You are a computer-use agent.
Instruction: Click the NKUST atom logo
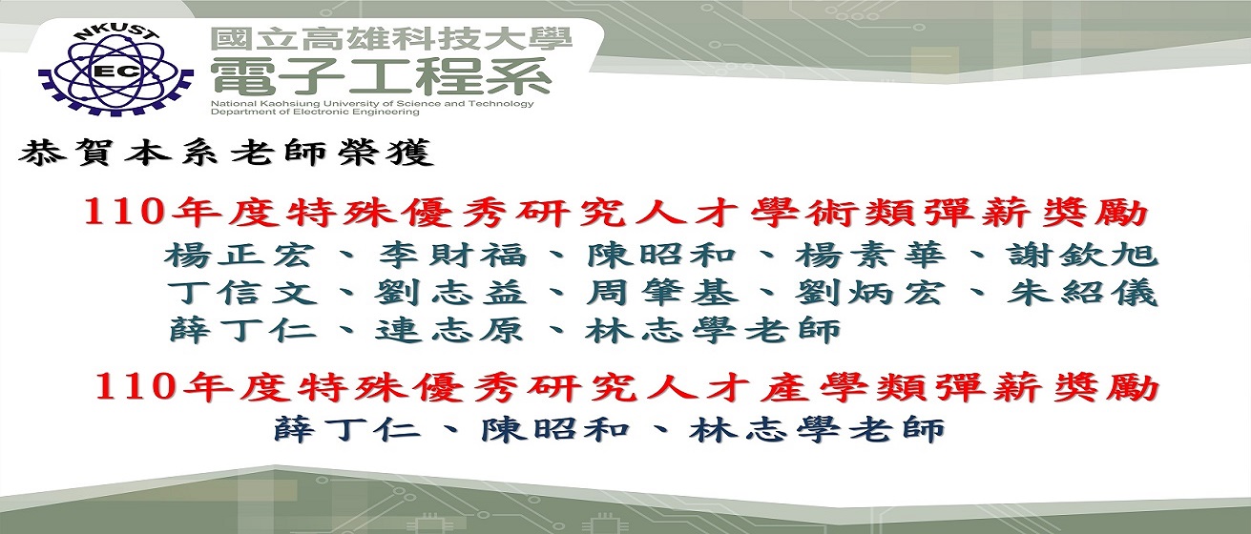(115, 71)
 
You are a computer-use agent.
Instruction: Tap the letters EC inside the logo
(118, 72)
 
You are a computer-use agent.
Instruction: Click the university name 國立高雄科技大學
(391, 40)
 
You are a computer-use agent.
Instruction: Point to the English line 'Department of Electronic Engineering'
(315, 112)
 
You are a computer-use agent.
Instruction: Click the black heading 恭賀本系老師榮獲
(226, 153)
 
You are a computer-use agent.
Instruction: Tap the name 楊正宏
(239, 257)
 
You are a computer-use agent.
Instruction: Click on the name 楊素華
(870, 257)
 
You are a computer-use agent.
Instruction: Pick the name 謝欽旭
(1083, 257)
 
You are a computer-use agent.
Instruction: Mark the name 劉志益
(450, 293)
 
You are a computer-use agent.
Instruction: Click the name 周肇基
(662, 293)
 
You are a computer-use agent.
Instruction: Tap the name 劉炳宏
(870, 293)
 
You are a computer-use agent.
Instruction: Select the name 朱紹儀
(1083, 293)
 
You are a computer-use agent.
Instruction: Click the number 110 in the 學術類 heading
(123, 214)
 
